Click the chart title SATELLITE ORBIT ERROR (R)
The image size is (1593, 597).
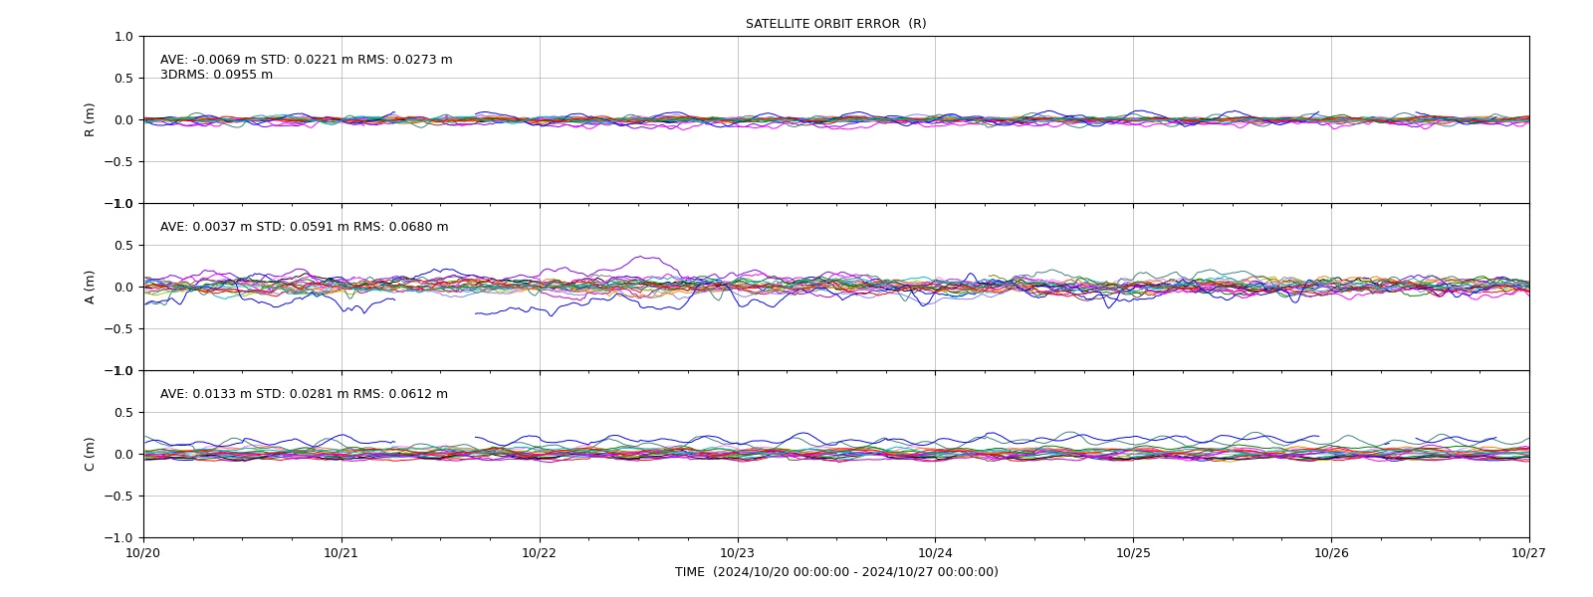tap(835, 24)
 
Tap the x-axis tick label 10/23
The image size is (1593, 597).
tap(738, 553)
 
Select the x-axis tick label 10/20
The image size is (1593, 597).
tap(143, 553)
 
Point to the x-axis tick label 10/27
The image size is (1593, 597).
tap(1529, 553)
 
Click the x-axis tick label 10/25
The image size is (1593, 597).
tap(1133, 553)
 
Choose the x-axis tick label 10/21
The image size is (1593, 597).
tap(341, 553)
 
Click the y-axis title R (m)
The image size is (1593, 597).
tap(89, 120)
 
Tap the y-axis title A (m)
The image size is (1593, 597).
tap(89, 288)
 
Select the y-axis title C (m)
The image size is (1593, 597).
tap(89, 454)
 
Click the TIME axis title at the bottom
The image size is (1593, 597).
tap(836, 572)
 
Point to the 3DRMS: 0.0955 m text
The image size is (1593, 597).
tap(216, 75)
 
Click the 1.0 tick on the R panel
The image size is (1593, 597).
tap(123, 37)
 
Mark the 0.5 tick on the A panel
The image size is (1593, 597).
tap(123, 246)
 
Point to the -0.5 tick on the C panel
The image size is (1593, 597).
tap(118, 497)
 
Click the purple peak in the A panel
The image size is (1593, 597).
tap(642, 257)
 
